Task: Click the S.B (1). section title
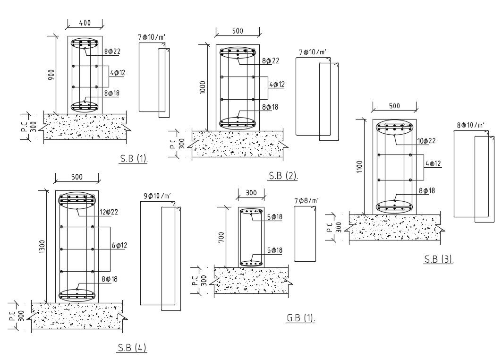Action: click(x=134, y=159)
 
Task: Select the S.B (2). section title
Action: click(x=283, y=176)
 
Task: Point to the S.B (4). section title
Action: click(x=132, y=348)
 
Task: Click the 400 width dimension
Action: click(x=85, y=22)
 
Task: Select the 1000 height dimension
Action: click(x=203, y=87)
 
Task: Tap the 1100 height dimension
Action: click(x=359, y=167)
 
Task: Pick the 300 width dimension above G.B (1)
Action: click(x=251, y=192)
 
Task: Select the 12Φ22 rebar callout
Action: click(x=108, y=212)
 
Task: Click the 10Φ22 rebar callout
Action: click(x=426, y=141)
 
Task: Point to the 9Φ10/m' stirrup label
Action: click(x=157, y=196)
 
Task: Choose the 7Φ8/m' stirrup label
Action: click(x=306, y=201)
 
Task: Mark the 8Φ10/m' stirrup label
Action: click(x=471, y=125)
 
